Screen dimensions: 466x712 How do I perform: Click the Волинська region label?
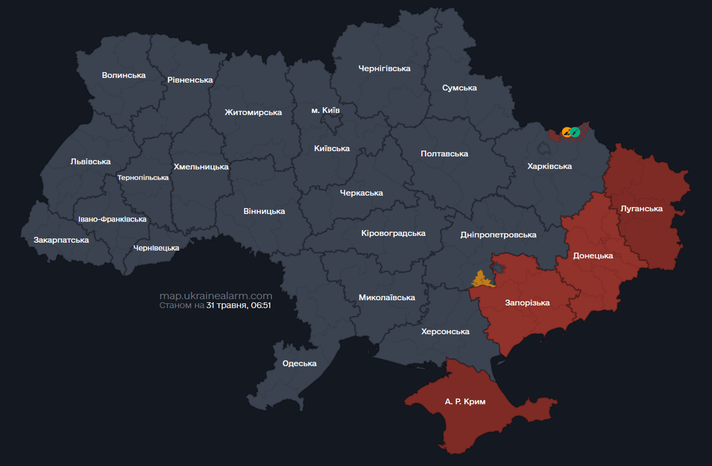(124, 75)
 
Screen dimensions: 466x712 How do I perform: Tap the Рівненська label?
(190, 80)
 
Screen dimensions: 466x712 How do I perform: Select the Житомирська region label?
(253, 112)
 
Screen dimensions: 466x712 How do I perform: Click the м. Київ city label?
(325, 110)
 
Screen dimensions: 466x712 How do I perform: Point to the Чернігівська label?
(384, 69)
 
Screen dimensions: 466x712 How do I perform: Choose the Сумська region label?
(459, 88)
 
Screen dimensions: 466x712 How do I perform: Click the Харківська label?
(549, 166)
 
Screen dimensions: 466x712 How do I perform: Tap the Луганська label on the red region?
(642, 209)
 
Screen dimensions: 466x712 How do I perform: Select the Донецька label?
(593, 255)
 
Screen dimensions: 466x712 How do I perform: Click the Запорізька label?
(527, 303)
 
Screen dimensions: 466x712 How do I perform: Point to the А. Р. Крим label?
(465, 402)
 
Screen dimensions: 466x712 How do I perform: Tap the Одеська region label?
(300, 363)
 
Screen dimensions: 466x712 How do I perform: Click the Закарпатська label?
(61, 240)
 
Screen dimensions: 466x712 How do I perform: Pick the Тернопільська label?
(143, 178)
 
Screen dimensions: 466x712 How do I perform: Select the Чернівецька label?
(157, 248)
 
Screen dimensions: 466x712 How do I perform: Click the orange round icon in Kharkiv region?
(567, 132)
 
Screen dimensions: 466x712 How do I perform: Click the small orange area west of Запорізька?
(482, 280)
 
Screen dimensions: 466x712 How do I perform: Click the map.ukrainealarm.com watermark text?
(215, 295)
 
